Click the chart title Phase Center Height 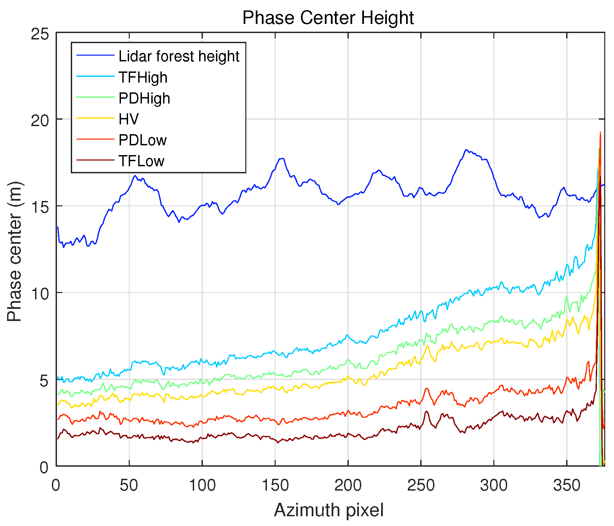[x=328, y=18]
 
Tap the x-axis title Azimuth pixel [x=329, y=510]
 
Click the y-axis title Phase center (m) [x=15, y=252]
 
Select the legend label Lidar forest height [x=179, y=56]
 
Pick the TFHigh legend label [x=143, y=78]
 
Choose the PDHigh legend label [x=144, y=98]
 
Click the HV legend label [x=129, y=119]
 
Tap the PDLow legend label [x=143, y=140]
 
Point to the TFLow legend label [x=141, y=161]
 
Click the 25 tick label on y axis [x=39, y=34]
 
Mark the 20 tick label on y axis [x=39, y=120]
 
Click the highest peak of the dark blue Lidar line [x=466, y=149]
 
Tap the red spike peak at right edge [x=600, y=132]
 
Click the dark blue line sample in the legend [x=95, y=56]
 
